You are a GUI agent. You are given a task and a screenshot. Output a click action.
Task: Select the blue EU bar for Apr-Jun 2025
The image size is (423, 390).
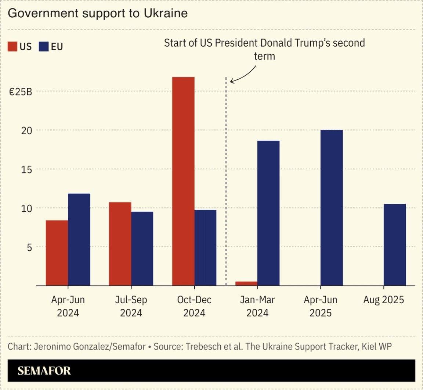tap(331, 208)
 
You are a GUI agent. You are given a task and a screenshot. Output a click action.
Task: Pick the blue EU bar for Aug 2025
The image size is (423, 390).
tap(395, 244)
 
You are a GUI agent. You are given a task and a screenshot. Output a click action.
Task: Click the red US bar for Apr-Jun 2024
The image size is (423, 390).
tap(57, 253)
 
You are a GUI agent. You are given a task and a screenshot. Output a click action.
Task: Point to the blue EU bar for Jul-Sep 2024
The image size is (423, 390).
tap(142, 248)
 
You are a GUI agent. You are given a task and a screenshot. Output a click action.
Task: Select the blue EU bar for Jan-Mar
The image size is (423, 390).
tap(268, 213)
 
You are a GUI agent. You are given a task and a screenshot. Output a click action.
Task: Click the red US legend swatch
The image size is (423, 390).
tap(12, 47)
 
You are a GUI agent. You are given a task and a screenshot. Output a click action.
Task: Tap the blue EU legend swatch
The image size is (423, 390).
tap(44, 47)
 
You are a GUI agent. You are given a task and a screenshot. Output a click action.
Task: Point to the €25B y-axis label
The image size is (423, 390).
tap(21, 92)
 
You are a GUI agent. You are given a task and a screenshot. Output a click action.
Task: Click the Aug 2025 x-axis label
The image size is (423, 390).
tap(383, 300)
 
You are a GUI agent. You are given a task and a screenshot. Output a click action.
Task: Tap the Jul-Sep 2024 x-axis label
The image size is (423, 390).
tap(131, 306)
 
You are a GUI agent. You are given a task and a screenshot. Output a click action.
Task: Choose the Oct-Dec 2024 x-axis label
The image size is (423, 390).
tap(194, 306)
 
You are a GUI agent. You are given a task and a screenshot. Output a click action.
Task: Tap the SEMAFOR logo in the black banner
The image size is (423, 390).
tap(44, 371)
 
